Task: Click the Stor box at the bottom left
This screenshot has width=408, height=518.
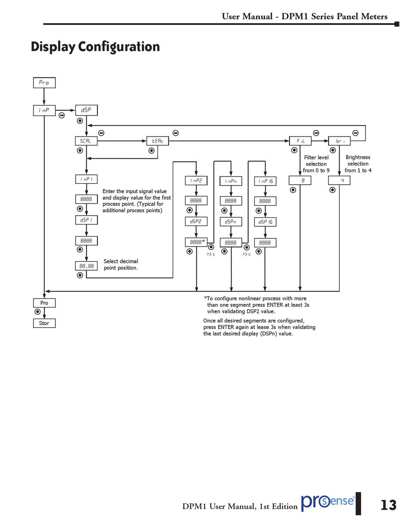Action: click(44, 323)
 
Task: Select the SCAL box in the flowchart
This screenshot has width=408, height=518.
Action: click(86, 141)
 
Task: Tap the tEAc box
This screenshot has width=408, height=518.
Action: click(158, 141)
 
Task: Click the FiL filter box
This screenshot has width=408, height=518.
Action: click(300, 141)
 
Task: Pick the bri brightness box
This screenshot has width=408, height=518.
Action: click(339, 141)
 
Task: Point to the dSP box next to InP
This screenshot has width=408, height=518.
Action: click(86, 110)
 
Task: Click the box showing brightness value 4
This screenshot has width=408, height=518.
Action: click(339, 180)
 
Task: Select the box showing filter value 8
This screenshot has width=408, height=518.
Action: click(300, 181)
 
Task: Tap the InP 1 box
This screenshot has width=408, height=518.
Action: click(86, 179)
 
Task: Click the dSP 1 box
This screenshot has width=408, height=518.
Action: click(86, 220)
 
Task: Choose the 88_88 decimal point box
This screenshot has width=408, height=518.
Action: click(86, 266)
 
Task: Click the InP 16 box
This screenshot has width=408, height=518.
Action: click(265, 181)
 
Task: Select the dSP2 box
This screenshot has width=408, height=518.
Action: click(196, 222)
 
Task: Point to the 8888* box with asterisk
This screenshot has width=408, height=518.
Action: click(196, 242)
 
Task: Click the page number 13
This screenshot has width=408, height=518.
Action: click(388, 505)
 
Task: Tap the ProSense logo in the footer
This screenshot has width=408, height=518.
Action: click(328, 502)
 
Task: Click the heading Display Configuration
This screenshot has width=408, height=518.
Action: click(95, 46)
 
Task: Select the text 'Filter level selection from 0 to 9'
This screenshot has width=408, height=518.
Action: click(316, 164)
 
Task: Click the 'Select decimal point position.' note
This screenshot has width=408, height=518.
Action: click(121, 265)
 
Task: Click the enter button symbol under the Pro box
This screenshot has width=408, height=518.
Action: click(38, 312)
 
